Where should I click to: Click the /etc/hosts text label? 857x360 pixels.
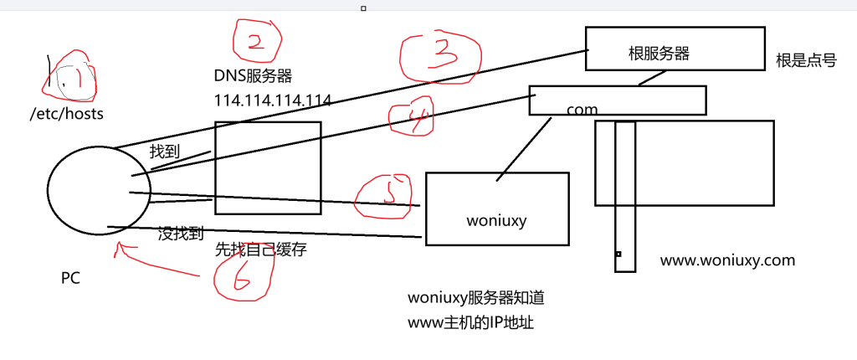click(66, 113)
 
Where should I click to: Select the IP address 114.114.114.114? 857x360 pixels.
click(273, 100)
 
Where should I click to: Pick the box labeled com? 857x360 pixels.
click(618, 100)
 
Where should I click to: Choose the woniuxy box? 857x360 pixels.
click(497, 208)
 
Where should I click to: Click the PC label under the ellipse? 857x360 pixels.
click(70, 278)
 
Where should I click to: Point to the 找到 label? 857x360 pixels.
click(164, 152)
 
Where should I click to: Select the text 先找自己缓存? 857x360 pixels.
click(260, 249)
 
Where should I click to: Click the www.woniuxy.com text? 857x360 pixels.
click(727, 260)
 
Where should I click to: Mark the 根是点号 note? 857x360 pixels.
click(806, 60)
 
